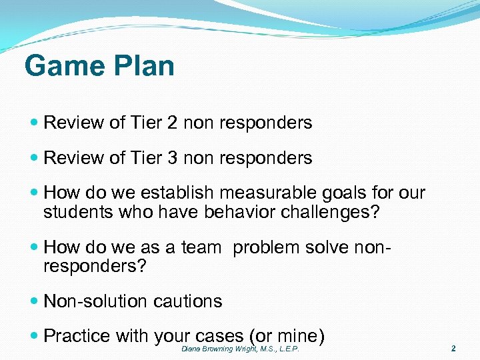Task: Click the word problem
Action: point(267,248)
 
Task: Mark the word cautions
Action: point(188,301)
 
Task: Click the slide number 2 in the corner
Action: point(453,349)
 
